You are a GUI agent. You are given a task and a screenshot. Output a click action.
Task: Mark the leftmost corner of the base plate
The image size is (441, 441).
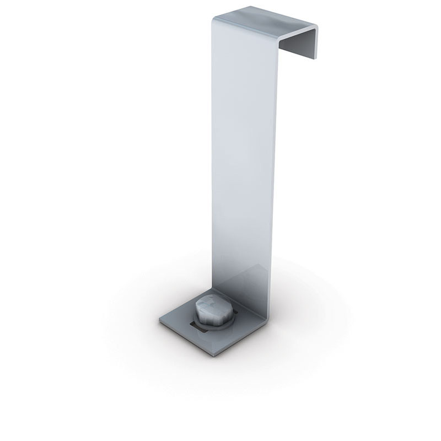160,319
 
